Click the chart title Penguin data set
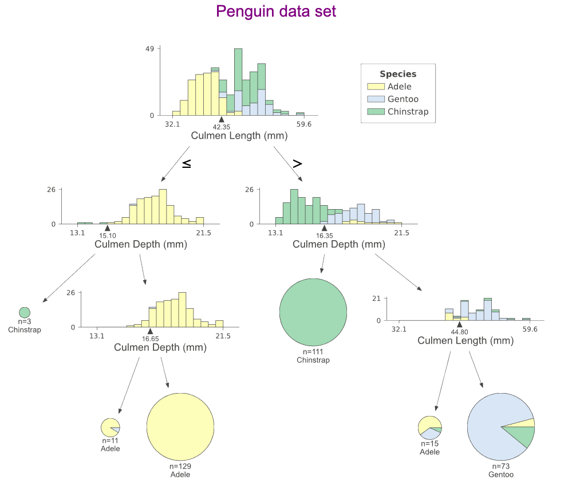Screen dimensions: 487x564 276,11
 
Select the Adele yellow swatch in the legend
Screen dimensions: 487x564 376,87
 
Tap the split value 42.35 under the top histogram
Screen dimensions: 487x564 222,127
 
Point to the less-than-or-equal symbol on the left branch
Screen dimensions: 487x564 187,163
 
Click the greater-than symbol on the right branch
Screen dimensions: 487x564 297,163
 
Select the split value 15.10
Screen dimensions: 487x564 108,235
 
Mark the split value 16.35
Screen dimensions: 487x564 324,235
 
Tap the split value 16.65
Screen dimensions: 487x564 150,339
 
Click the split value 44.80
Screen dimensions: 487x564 459,332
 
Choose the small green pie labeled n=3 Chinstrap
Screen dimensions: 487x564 25,312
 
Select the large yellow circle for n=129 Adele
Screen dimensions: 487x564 180,427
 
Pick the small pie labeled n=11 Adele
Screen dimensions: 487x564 110,427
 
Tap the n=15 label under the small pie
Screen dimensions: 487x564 429,443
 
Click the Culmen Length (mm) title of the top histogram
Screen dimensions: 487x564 239,136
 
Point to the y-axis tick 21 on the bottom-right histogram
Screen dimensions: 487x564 376,299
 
